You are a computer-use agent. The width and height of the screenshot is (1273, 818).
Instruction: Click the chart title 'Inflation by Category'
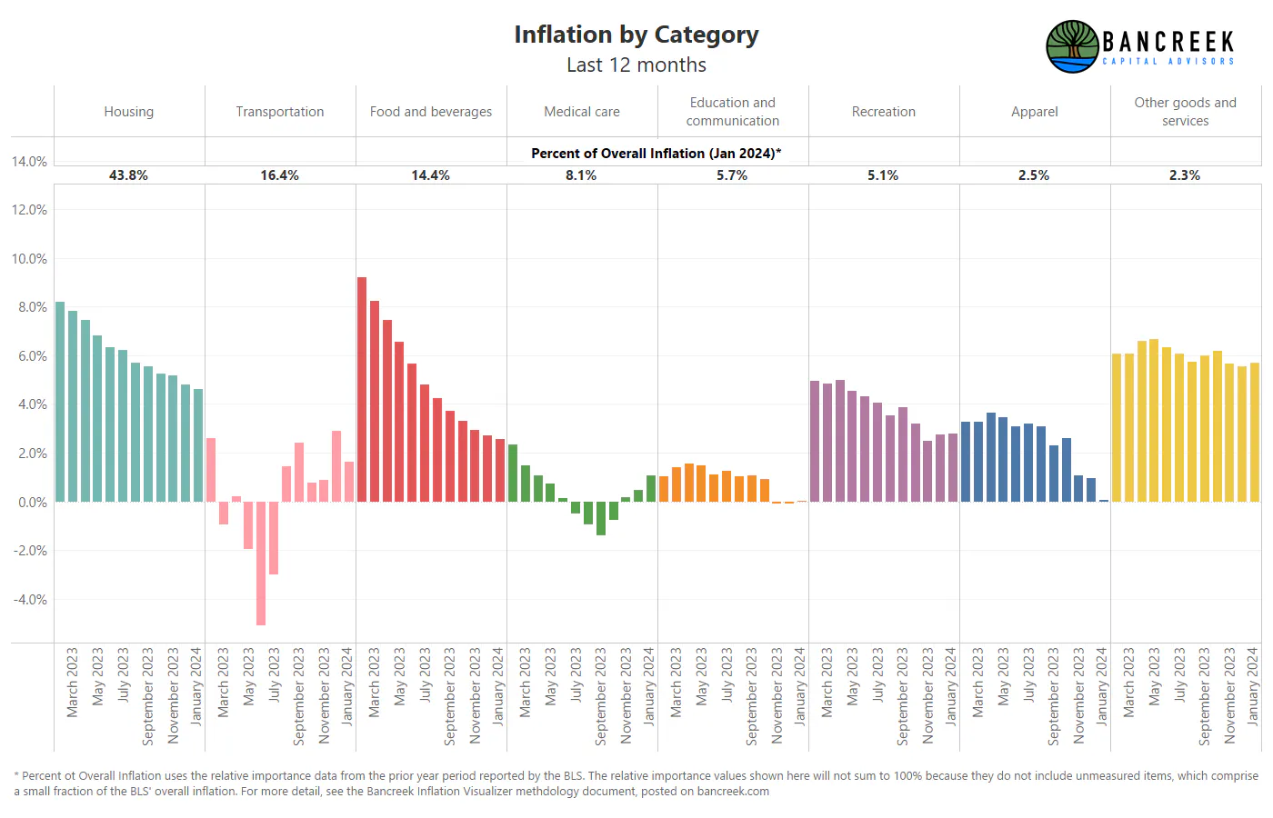click(x=636, y=35)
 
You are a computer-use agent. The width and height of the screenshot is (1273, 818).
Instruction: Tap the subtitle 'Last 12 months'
click(x=636, y=65)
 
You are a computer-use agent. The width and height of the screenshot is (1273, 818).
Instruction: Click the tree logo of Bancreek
click(x=1072, y=46)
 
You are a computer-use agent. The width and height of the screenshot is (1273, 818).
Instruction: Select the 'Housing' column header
click(x=128, y=111)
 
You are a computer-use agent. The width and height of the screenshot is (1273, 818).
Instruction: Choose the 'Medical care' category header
click(x=581, y=111)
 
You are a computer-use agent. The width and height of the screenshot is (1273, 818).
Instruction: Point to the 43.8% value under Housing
click(x=128, y=175)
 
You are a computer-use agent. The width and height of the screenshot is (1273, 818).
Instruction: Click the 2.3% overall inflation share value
click(x=1184, y=175)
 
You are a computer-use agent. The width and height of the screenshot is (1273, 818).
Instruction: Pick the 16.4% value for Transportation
click(x=279, y=175)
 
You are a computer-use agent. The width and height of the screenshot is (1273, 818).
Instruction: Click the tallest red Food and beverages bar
click(x=362, y=389)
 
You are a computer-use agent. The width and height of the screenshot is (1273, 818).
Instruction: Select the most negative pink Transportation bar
click(x=261, y=563)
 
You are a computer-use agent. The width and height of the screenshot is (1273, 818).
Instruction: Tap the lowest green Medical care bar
click(x=601, y=518)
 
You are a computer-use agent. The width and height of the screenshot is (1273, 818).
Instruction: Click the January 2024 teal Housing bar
click(x=198, y=445)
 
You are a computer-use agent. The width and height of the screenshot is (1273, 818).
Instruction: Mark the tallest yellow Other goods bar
click(x=1154, y=420)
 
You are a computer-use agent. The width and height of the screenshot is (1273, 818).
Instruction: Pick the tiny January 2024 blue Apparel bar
click(x=1104, y=501)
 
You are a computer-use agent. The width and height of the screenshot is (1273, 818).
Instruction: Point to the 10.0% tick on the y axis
click(x=29, y=258)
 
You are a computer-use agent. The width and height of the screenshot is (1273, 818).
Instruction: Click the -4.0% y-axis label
click(x=29, y=599)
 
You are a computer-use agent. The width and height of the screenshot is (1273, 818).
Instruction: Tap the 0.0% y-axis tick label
click(x=33, y=502)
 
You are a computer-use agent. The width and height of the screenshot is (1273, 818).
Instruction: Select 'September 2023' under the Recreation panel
click(x=902, y=696)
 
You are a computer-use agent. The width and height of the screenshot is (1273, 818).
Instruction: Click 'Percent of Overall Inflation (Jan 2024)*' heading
click(x=656, y=154)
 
